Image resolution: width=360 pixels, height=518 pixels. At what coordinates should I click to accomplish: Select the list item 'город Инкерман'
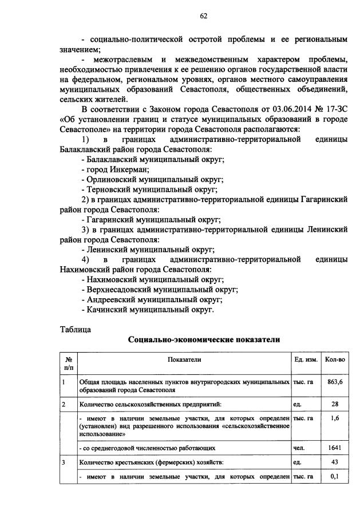coord(115,169)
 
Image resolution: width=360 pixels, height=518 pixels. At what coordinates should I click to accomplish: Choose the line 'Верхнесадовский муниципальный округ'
coord(160,289)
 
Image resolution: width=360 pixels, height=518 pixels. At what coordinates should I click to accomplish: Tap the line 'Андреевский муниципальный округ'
coord(152,299)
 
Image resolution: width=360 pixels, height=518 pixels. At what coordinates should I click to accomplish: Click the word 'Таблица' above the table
coord(75,329)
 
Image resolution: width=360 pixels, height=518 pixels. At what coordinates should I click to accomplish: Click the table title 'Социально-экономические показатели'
coord(204,340)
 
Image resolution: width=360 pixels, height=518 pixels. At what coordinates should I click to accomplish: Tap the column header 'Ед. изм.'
coord(306,359)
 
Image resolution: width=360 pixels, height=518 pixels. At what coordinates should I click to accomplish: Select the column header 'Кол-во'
coord(334,359)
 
